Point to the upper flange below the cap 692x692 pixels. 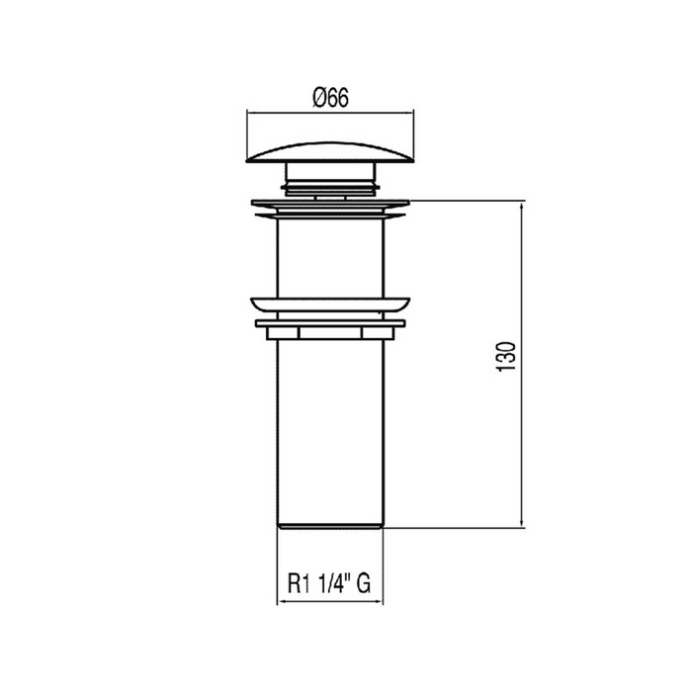click(329, 207)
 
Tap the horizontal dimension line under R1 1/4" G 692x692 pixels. click(329, 601)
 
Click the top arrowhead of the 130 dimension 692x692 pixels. click(522, 206)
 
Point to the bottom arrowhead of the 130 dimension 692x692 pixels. click(522, 525)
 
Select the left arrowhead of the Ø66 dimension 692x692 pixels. click(249, 112)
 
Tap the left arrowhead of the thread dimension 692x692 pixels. click(280, 601)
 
